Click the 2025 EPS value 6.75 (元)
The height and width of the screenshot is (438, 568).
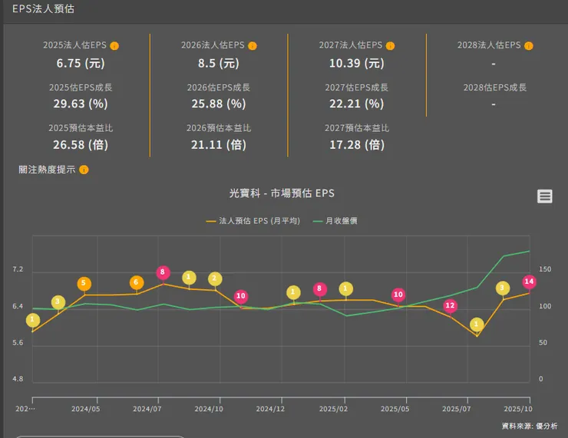pos(80,63)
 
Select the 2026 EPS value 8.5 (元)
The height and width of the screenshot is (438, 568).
pos(218,63)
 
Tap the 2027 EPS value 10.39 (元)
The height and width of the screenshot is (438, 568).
pos(356,63)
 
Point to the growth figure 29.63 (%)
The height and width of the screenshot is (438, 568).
pos(80,104)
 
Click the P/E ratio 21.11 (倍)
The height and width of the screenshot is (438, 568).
pos(218,144)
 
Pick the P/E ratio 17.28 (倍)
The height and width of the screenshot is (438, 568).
pos(356,144)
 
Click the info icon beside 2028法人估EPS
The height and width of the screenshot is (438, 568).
pos(528,46)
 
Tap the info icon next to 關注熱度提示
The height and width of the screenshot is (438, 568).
pos(84,170)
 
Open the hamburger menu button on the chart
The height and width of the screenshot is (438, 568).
pos(545,196)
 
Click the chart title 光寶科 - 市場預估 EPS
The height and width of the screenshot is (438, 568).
pos(282,193)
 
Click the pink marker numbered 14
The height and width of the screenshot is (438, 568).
pos(528,282)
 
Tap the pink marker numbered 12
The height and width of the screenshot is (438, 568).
pos(450,305)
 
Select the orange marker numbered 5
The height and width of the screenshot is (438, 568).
pos(84,284)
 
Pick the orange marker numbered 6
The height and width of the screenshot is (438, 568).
pos(137,283)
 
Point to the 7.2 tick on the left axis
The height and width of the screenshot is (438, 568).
pos(18,270)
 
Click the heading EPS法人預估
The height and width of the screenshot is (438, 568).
pos(43,9)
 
